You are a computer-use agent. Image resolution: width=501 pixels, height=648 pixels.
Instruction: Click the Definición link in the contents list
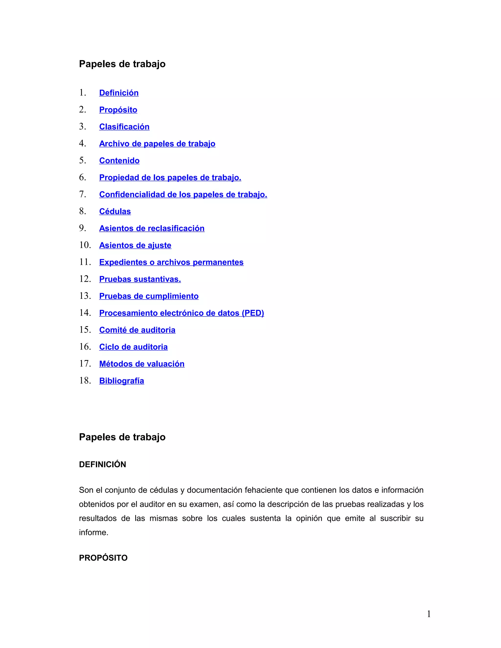(119, 93)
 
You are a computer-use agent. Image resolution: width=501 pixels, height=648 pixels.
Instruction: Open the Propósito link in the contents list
(118, 110)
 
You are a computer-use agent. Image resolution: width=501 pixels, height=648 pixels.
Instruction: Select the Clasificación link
(124, 127)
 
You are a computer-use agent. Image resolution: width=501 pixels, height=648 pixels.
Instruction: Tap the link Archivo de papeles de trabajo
(157, 144)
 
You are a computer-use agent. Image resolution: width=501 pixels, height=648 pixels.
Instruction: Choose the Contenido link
(119, 160)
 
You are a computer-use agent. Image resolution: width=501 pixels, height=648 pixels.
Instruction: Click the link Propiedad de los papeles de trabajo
(170, 178)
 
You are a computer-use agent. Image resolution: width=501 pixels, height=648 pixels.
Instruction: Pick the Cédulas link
(115, 211)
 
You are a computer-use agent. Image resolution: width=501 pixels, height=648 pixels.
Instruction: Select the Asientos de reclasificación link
(152, 228)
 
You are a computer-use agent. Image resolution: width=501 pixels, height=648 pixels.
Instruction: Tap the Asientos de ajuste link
(135, 245)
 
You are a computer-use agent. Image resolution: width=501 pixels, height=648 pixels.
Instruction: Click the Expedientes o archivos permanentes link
(171, 262)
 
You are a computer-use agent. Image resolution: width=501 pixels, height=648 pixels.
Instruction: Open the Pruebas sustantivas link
(140, 279)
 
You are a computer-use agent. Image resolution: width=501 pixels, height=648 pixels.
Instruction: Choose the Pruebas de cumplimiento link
(149, 296)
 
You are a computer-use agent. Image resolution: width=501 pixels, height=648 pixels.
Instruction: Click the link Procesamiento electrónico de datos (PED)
(181, 313)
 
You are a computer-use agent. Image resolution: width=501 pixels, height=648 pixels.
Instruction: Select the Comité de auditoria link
(137, 330)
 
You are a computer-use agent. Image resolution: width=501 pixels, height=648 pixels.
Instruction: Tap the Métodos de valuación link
(142, 364)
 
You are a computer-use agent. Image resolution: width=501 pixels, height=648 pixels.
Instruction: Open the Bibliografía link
(121, 381)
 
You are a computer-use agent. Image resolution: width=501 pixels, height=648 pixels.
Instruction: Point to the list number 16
(85, 346)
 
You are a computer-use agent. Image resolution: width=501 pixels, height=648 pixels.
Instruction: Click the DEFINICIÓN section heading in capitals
(102, 464)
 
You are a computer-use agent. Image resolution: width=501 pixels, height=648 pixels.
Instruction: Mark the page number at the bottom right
(429, 614)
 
